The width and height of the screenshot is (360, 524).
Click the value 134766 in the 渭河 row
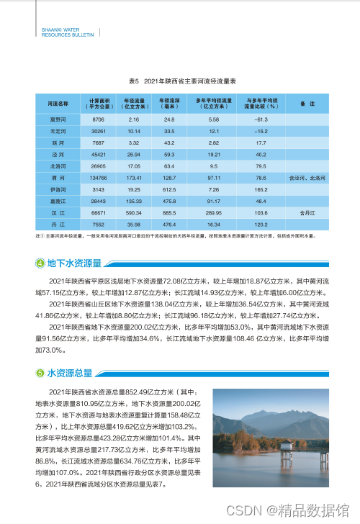[x=99, y=177]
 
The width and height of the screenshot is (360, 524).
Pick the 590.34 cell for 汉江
[x=133, y=214]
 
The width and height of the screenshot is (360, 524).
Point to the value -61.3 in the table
[x=261, y=119]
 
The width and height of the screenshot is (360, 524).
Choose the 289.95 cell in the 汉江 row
[x=214, y=214]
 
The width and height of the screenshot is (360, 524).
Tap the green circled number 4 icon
[x=40, y=262]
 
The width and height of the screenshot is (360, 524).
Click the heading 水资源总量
[x=70, y=374]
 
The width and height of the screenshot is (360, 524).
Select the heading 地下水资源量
[x=74, y=262]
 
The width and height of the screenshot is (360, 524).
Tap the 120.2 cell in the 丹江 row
[x=261, y=225]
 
